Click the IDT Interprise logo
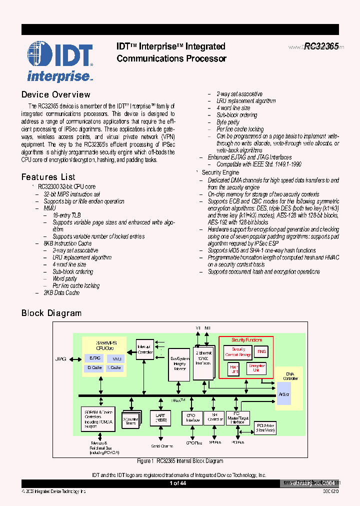(59, 61)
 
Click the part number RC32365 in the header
(321, 46)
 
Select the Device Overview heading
(55, 94)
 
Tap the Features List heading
(48, 177)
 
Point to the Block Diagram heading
(51, 313)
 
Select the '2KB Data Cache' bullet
(61, 292)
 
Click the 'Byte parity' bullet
(227, 122)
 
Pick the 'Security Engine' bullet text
(220, 172)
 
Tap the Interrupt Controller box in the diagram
(145, 349)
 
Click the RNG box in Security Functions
(261, 352)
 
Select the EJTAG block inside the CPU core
(94, 358)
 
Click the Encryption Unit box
(256, 368)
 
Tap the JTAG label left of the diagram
(60, 358)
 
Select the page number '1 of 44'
(178, 483)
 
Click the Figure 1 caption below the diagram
(180, 461)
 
